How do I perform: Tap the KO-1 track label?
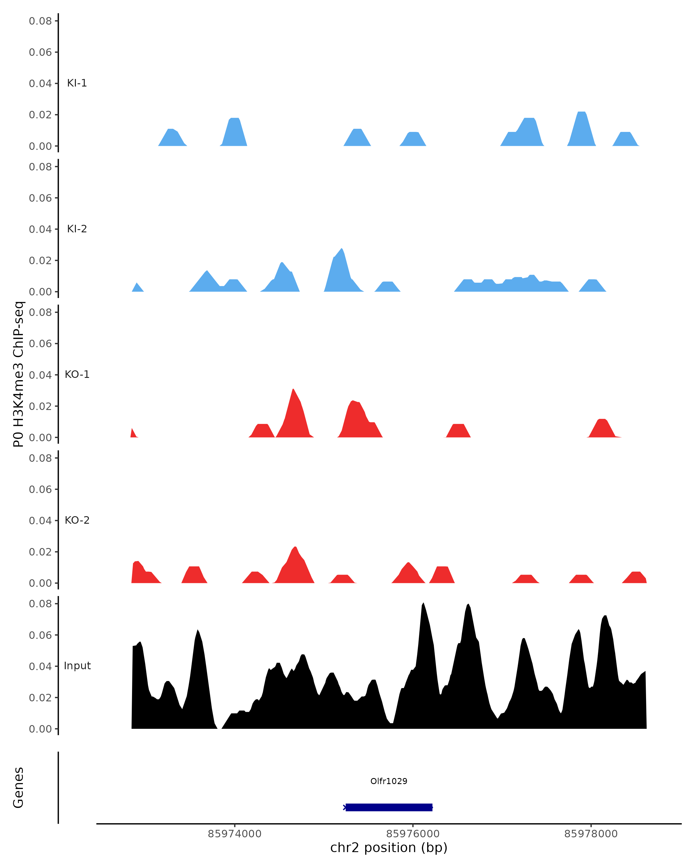tap(77, 374)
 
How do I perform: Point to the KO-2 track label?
tap(77, 520)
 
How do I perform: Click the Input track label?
tap(77, 666)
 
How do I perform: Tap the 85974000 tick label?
tap(235, 834)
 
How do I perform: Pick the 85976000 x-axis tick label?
tap(413, 834)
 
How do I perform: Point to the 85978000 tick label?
tap(591, 834)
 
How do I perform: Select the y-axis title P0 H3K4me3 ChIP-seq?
tap(19, 374)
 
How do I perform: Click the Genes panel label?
tap(19, 788)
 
